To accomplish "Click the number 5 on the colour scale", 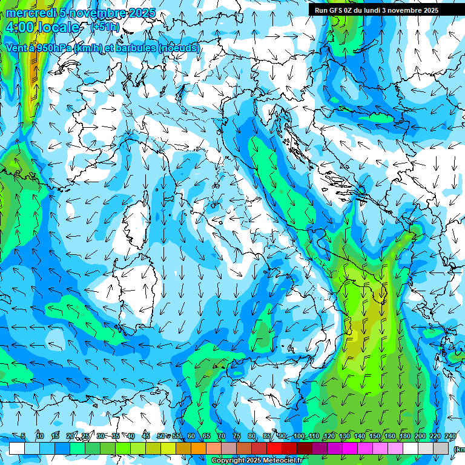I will tap(24, 437).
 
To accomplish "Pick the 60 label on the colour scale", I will tap(191, 437).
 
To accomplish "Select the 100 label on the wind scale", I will tap(299, 437).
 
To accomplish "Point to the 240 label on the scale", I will tap(450, 437).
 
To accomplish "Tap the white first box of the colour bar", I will tap(17, 448).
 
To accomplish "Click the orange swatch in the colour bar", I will tap(199, 448).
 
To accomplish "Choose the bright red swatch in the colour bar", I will tap(274, 448).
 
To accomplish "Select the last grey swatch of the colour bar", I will tap(441, 448).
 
